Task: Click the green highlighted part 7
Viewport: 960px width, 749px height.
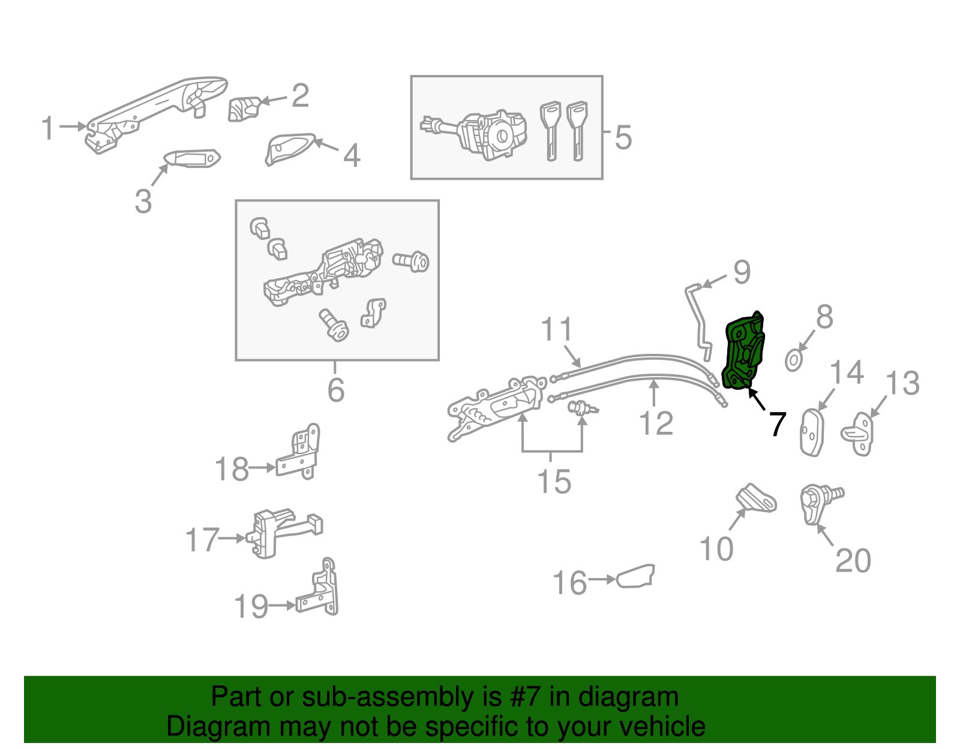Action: coord(744,351)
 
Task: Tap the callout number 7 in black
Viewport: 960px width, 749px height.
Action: coord(777,425)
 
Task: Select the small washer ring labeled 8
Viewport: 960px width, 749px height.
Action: coord(793,361)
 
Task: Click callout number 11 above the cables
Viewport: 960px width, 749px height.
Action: coord(557,330)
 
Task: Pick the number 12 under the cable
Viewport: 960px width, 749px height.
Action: coord(656,423)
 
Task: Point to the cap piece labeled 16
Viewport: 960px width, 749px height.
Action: coord(635,576)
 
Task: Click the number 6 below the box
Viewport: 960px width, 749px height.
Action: coord(336,390)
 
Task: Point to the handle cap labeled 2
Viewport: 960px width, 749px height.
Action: coord(244,108)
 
